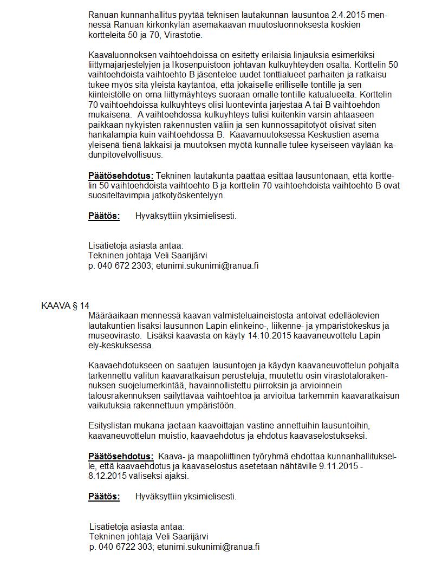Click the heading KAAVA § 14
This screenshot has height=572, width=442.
pos(65,306)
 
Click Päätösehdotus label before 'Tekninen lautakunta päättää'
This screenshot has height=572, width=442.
pos(121,176)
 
